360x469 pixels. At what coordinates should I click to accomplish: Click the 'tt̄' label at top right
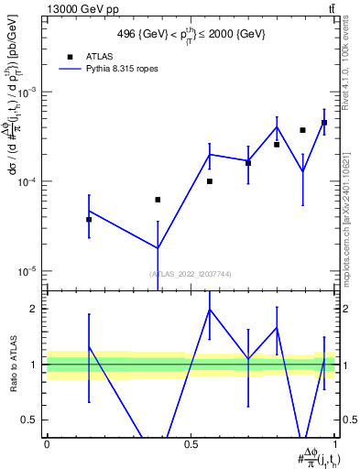[332, 8]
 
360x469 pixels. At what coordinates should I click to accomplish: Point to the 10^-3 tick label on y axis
[29, 93]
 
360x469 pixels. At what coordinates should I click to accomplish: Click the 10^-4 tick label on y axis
[29, 182]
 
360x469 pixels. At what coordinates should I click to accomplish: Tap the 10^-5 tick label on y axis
[29, 271]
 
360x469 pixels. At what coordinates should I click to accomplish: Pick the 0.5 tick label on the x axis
[191, 443]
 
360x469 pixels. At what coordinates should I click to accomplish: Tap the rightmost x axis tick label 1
[335, 443]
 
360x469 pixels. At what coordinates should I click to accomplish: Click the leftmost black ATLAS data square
[89, 220]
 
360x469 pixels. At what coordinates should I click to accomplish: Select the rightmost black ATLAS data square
[324, 123]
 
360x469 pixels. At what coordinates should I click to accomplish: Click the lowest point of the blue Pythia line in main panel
[158, 248]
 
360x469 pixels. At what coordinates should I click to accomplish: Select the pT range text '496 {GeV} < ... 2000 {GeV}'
[191, 35]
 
